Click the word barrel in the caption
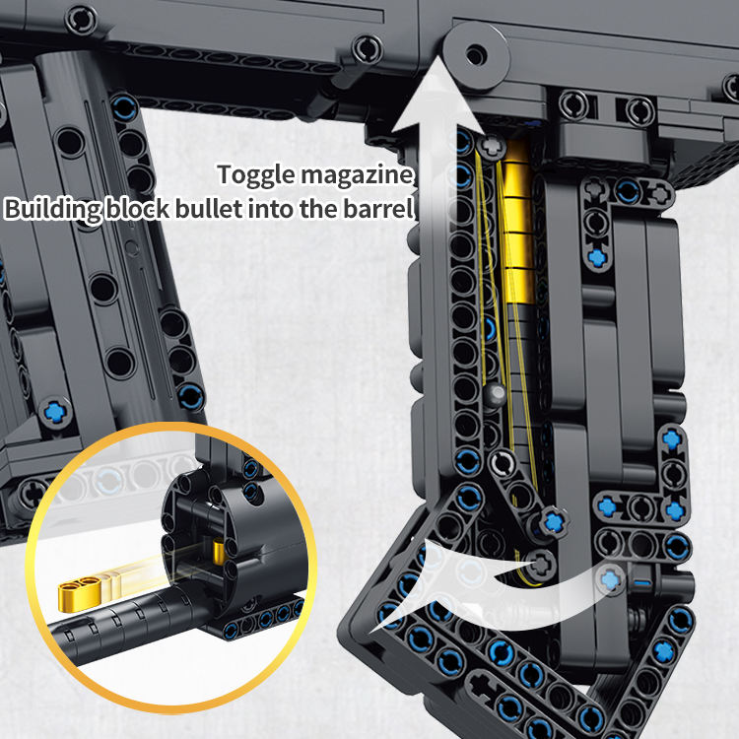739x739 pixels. pyautogui.click(x=382, y=210)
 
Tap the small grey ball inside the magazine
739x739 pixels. pyautogui.click(x=497, y=396)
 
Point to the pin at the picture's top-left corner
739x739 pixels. pyautogui.click(x=83, y=17)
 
